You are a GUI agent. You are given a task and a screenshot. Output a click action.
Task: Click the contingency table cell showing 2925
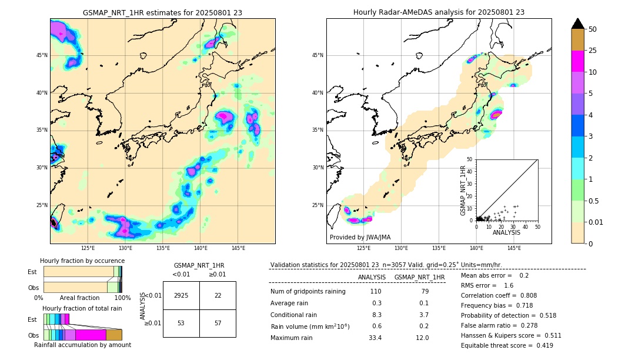click(x=181, y=295)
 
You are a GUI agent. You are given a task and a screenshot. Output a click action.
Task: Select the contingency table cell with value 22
click(x=218, y=295)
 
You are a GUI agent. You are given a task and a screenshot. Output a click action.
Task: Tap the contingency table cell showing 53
click(x=181, y=323)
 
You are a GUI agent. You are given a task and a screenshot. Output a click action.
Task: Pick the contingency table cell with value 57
click(x=218, y=323)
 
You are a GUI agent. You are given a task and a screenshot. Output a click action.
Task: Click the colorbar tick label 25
click(x=593, y=51)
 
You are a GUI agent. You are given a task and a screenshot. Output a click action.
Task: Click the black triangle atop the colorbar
click(x=578, y=24)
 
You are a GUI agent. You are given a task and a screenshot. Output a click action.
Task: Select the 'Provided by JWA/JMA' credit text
click(x=360, y=238)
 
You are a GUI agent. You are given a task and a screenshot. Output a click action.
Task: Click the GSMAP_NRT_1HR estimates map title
click(x=162, y=12)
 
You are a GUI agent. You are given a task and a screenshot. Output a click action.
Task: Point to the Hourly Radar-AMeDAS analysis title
click(x=439, y=12)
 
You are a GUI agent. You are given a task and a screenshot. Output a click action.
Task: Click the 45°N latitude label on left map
click(x=42, y=55)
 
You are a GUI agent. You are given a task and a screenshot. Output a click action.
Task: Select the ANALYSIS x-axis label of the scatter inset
click(x=506, y=233)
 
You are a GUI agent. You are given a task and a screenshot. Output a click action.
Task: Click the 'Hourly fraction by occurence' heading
click(x=82, y=261)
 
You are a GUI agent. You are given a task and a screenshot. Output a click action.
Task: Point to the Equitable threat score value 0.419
click(x=540, y=345)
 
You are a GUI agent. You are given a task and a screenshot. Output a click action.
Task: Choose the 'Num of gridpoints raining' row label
click(x=308, y=292)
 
